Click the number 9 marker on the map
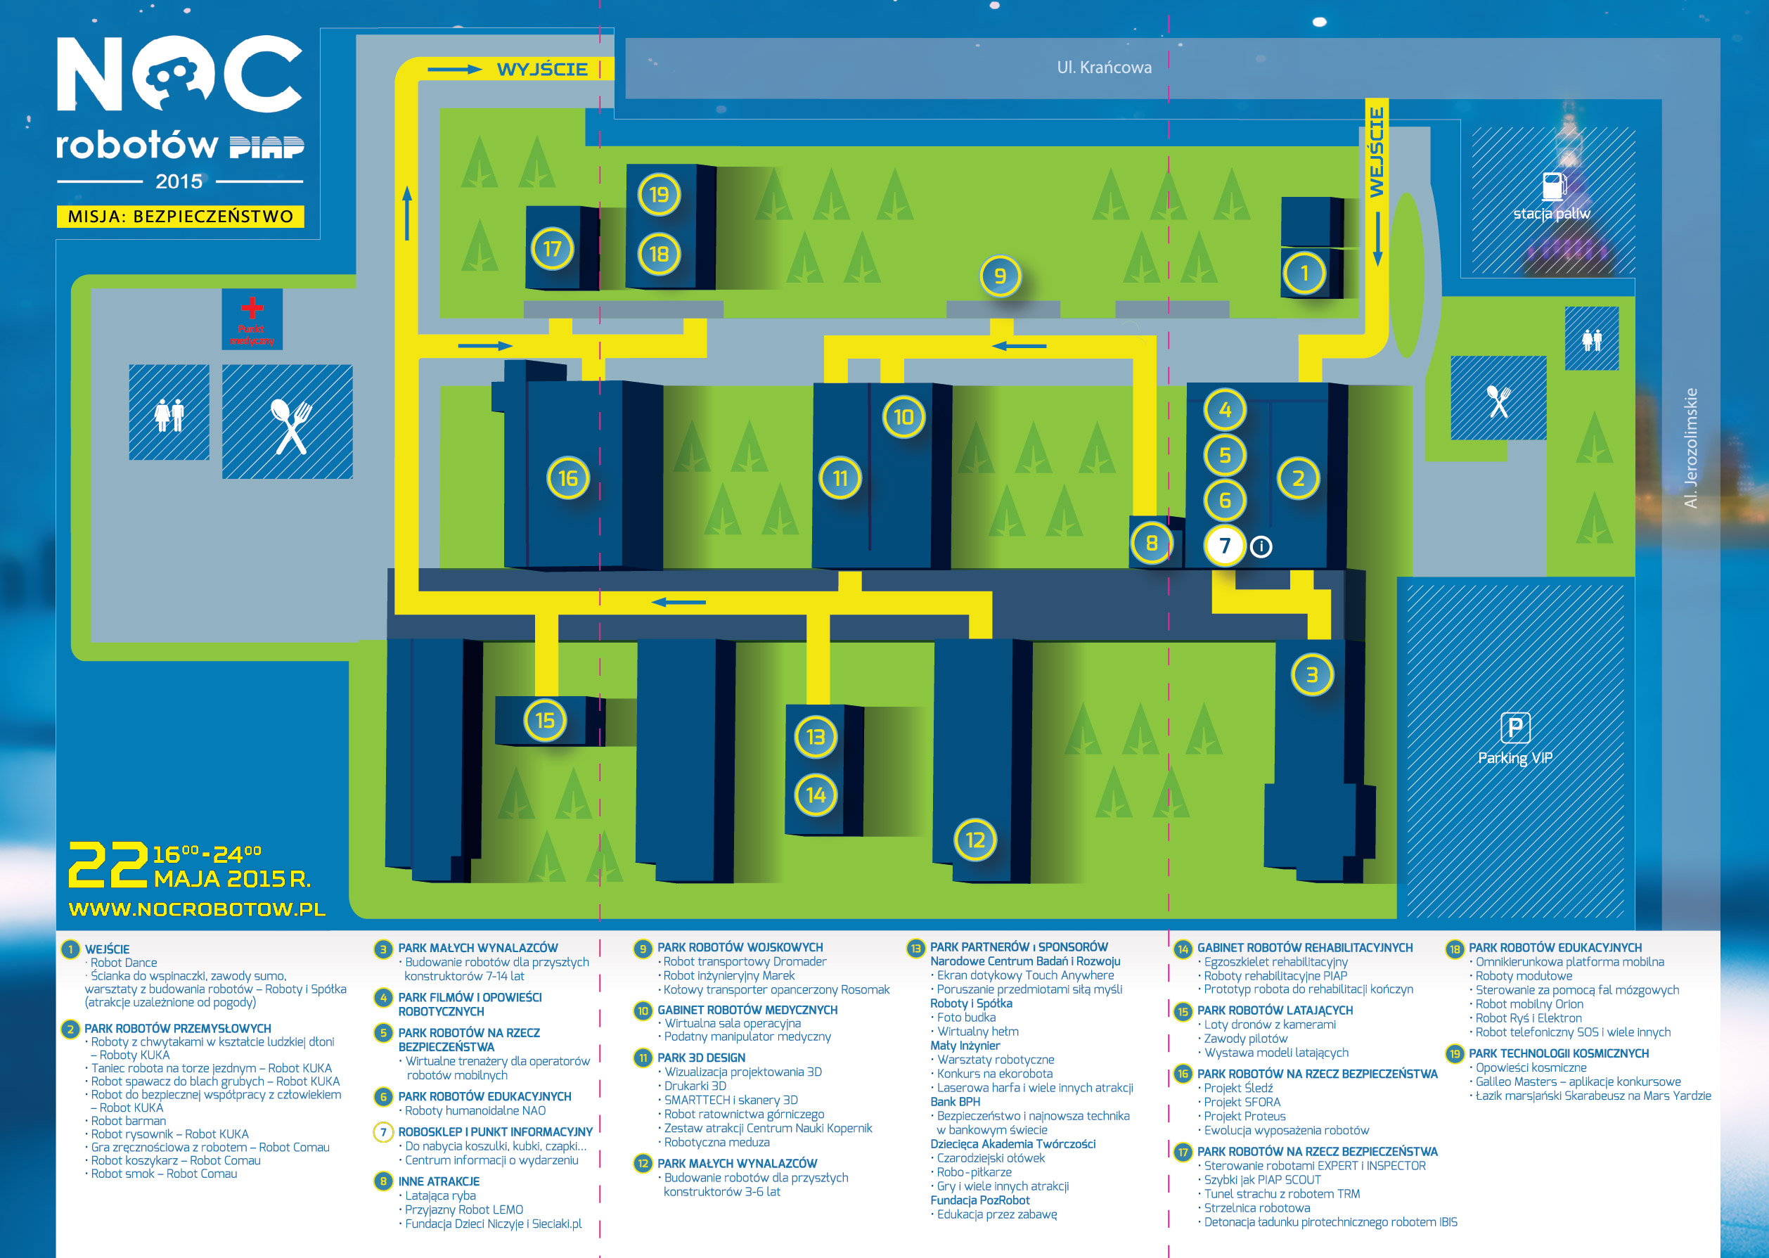[1000, 276]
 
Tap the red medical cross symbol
[252, 307]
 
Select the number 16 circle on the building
[569, 478]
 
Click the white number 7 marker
[1225, 546]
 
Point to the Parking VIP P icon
[1515, 727]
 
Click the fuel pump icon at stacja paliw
[1554, 186]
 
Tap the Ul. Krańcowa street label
[1104, 68]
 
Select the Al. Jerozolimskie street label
[1691, 448]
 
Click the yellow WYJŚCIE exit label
[542, 69]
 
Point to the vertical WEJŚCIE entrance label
[1377, 152]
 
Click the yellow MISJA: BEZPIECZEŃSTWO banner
[181, 216]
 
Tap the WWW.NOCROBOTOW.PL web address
[197, 909]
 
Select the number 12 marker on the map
[975, 840]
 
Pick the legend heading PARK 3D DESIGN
[701, 1058]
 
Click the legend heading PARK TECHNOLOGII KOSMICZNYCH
[1558, 1053]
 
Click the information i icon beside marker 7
[1261, 547]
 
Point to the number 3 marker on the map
[1312, 674]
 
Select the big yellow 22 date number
[108, 864]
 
